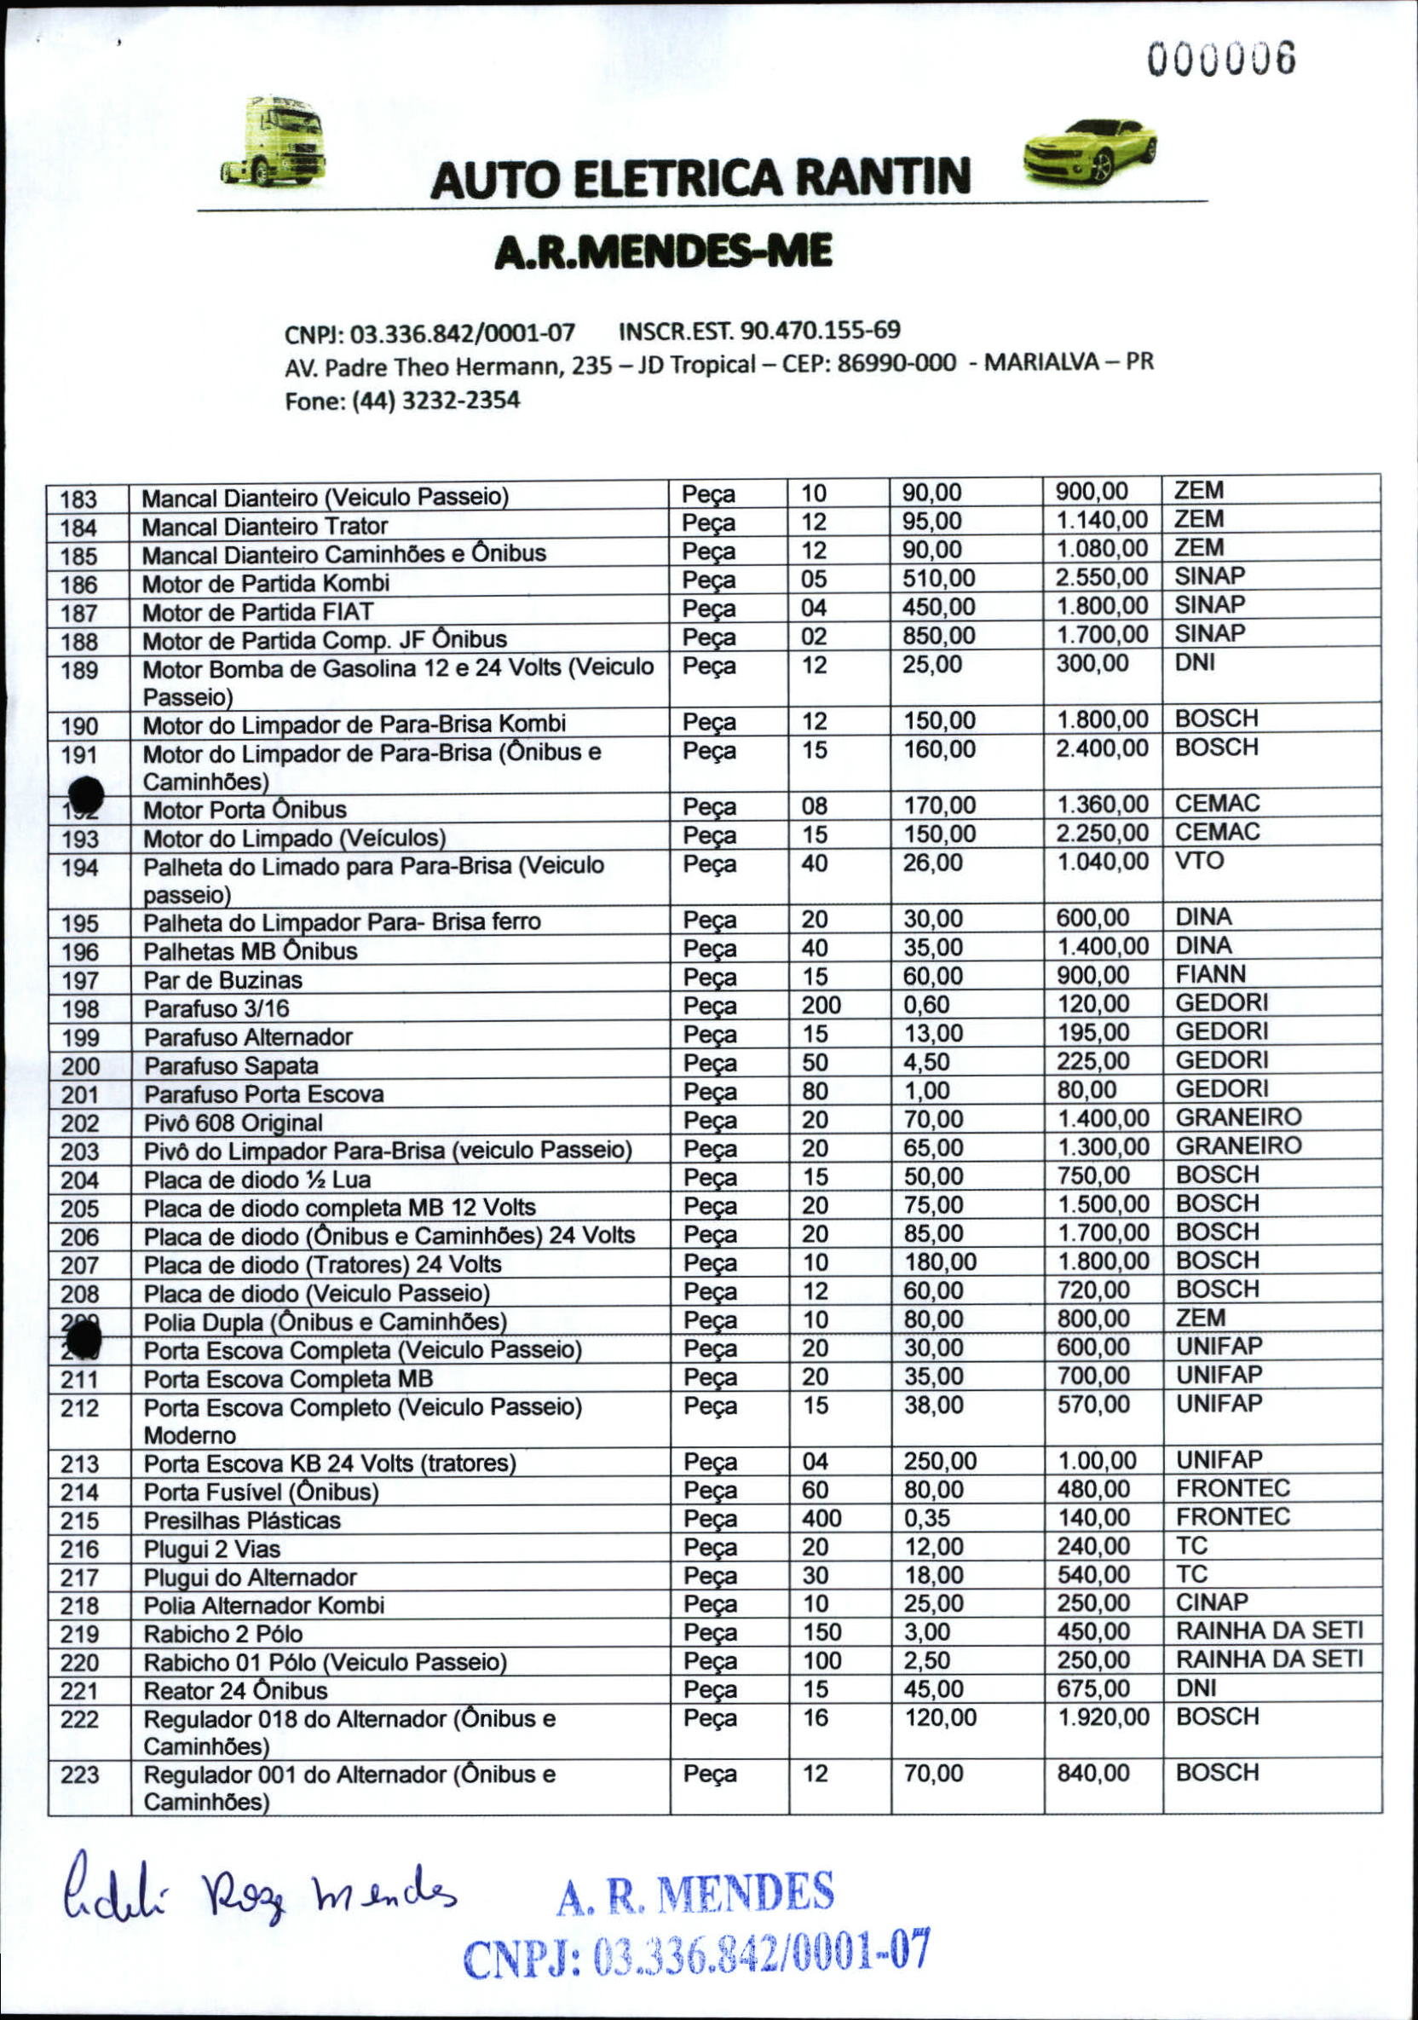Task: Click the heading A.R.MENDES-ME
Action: coord(662,252)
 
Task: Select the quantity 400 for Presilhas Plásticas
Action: coord(821,1518)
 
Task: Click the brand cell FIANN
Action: coord(1210,974)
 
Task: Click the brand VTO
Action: coord(1199,861)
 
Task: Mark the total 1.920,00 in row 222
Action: coord(1102,1717)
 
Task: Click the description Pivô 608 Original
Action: coord(233,1123)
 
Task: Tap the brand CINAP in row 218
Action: coord(1211,1602)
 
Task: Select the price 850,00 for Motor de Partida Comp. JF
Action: coord(937,635)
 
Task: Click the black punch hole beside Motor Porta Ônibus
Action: coord(85,795)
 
